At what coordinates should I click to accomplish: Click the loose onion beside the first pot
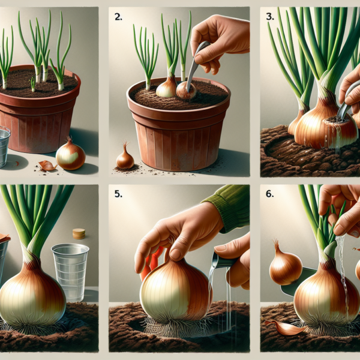(70, 154)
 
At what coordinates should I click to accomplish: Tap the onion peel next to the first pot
(47, 165)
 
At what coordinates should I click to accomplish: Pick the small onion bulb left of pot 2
(124, 158)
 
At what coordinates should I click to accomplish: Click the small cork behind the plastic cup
(79, 233)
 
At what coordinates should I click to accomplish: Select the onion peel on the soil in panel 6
(285, 327)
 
